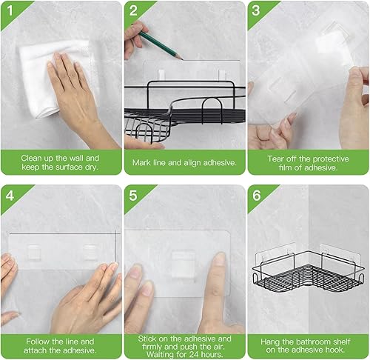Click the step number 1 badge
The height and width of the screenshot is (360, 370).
click(10, 10)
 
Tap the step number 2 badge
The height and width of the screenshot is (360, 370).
click(133, 10)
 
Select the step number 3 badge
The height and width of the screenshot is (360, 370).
click(256, 10)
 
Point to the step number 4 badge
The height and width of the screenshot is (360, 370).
click(10, 196)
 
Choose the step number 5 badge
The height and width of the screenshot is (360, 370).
click(133, 196)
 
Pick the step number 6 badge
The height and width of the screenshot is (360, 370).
click(256, 196)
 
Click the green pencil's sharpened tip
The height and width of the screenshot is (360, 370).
click(181, 59)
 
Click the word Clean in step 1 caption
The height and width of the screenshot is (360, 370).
click(30, 158)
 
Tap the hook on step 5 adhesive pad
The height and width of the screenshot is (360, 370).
click(184, 263)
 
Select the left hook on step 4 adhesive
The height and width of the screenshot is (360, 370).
click(33, 252)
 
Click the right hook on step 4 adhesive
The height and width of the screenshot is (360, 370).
click(90, 252)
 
